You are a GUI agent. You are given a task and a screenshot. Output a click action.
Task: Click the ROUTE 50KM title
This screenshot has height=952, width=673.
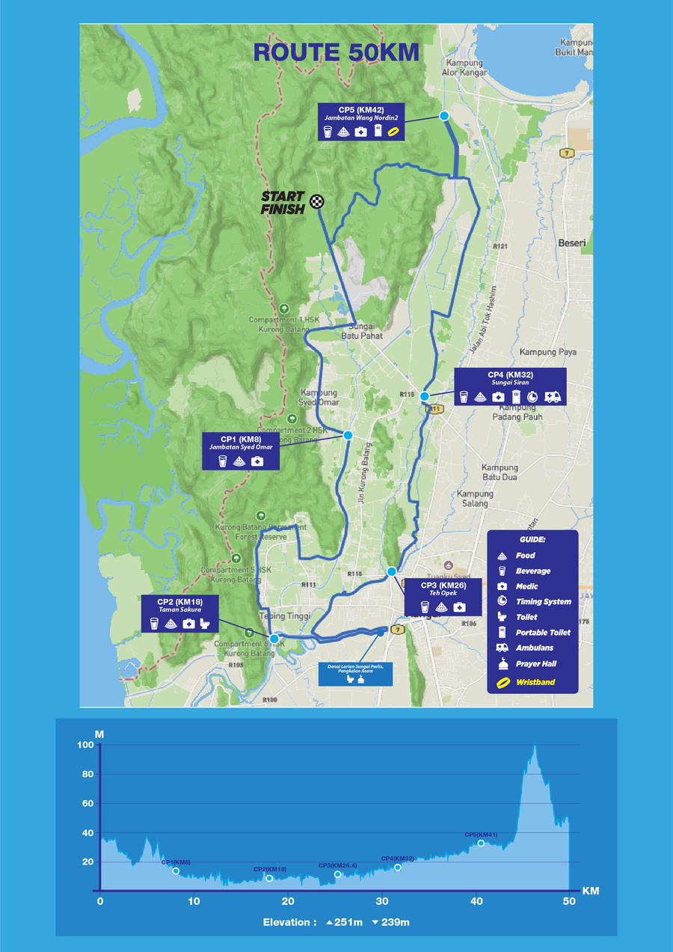tap(336, 52)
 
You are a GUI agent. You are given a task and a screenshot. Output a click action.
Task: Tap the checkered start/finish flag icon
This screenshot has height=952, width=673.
tap(318, 200)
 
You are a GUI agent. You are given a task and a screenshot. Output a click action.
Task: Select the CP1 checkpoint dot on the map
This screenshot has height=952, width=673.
tap(348, 434)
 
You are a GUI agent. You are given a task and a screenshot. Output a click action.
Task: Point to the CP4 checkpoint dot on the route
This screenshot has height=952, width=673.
tap(424, 396)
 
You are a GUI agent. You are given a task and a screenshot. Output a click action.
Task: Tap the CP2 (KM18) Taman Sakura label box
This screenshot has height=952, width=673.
tap(179, 614)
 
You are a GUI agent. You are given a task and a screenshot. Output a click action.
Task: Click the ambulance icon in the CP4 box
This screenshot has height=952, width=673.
tap(553, 397)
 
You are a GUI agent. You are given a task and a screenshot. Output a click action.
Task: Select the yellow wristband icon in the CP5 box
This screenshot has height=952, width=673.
tap(394, 131)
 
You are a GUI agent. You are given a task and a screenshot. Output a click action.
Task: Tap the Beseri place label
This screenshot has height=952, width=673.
tap(572, 243)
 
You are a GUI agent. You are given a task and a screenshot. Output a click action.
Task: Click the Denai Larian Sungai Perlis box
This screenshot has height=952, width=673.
tap(355, 672)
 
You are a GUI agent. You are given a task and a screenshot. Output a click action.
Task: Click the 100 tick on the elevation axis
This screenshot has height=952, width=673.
tap(84, 745)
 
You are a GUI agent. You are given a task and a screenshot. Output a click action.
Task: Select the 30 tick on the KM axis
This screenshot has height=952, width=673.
tap(382, 902)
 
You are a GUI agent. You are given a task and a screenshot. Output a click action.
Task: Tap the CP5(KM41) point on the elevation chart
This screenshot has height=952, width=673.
tap(481, 843)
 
